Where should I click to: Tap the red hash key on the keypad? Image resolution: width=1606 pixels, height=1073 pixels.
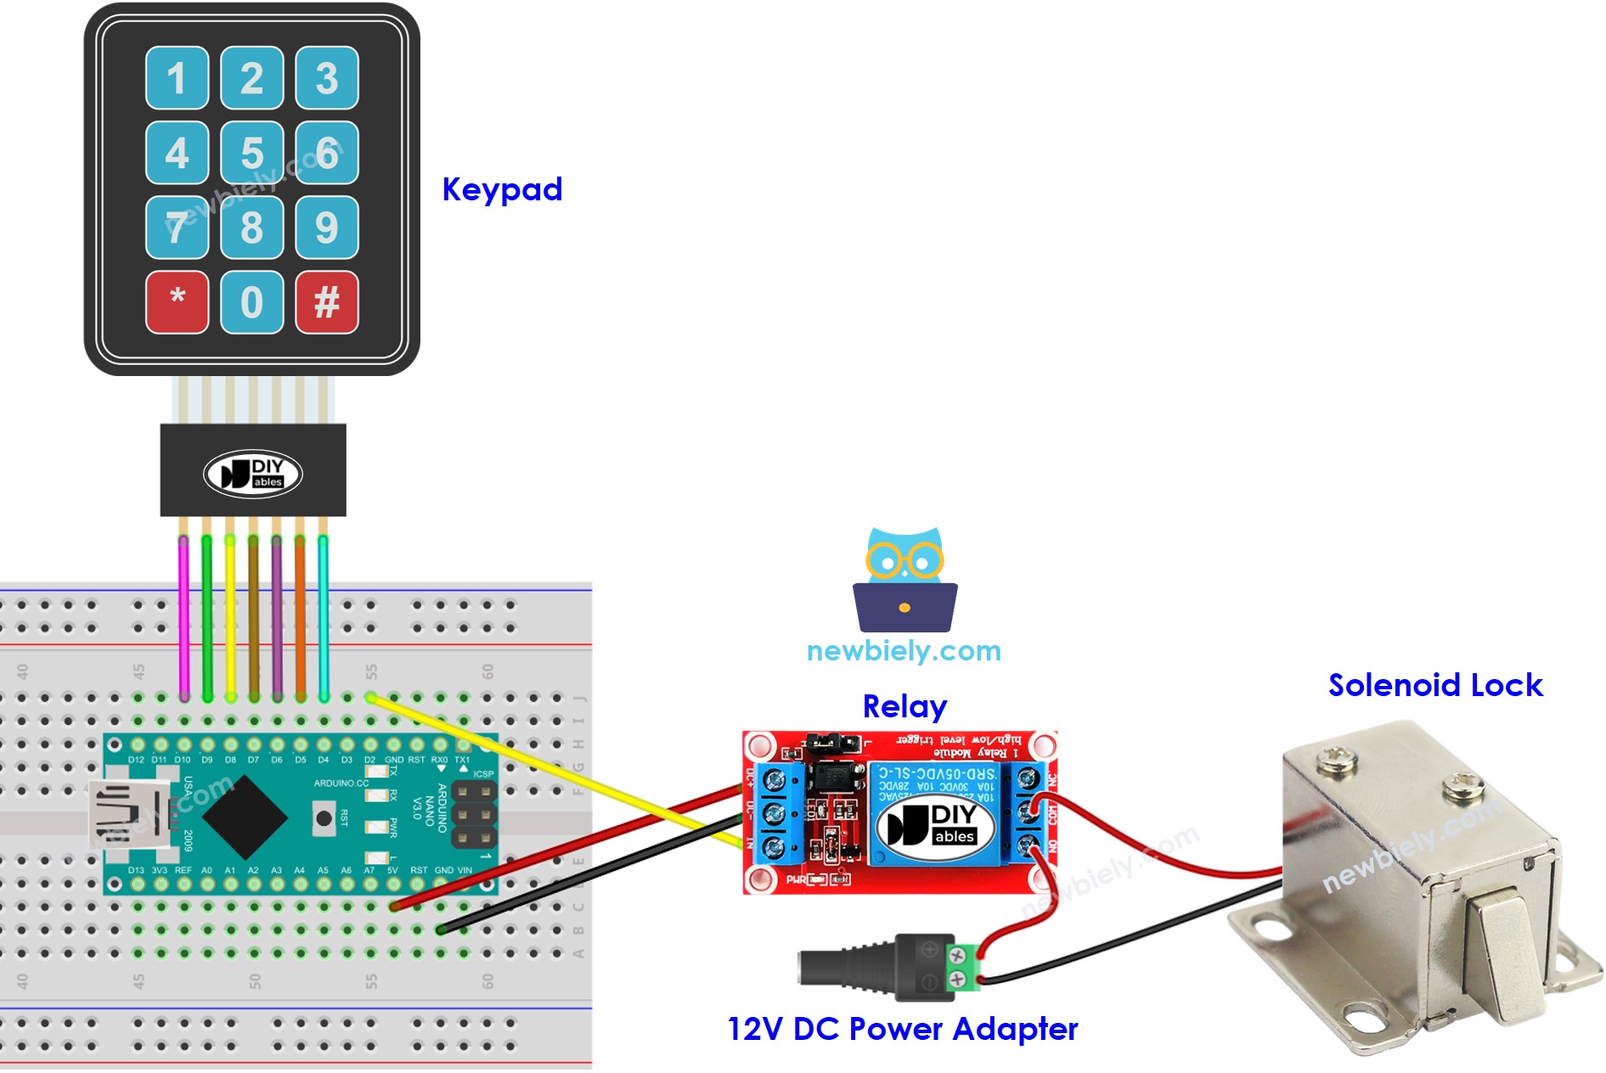[327, 302]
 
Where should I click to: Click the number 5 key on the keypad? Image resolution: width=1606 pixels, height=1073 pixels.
[251, 153]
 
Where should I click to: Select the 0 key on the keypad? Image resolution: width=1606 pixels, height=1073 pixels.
[251, 302]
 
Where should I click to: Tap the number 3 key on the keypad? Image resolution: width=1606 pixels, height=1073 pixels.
[327, 78]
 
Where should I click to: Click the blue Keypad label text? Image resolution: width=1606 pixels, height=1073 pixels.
[502, 189]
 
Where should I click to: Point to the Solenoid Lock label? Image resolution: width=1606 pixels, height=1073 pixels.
[1434, 685]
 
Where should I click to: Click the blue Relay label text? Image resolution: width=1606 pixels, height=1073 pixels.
[904, 706]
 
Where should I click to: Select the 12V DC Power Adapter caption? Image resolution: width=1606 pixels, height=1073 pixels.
[902, 1029]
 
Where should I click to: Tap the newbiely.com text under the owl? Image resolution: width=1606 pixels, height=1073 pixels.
[904, 651]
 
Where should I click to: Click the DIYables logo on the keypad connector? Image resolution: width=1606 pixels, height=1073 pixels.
[253, 474]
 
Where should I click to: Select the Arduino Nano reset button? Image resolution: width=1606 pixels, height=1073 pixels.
[324, 818]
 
